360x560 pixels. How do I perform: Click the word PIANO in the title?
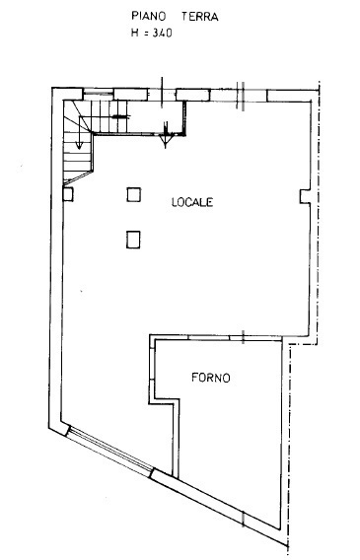[149, 17]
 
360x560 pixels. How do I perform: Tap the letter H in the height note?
[135, 33]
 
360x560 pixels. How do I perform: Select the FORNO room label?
[211, 377]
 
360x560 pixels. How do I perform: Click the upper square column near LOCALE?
[133, 194]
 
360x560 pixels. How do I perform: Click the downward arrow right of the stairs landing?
[168, 126]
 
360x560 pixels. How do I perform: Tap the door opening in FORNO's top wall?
[237, 337]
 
